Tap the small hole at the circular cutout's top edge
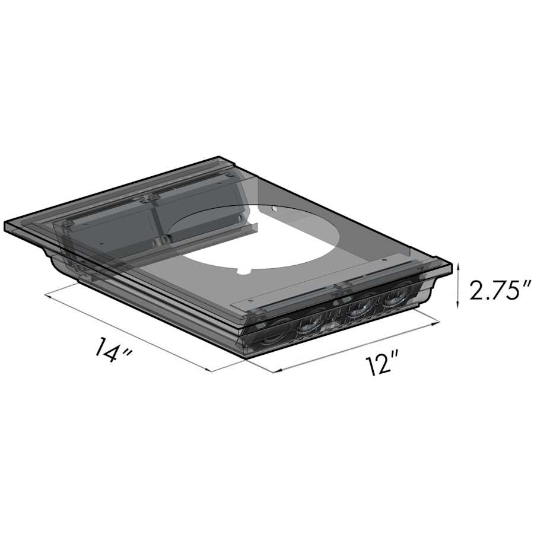[272, 209]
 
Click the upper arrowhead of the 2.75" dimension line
[457, 268]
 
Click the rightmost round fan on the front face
[395, 297]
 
